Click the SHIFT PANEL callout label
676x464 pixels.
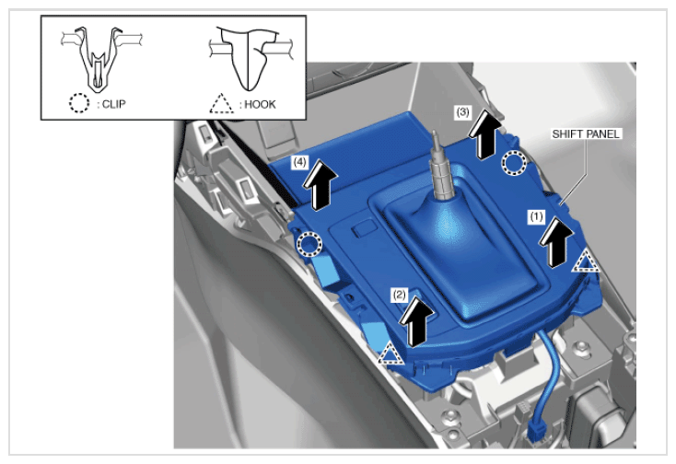point(586,134)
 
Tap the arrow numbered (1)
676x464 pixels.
point(555,242)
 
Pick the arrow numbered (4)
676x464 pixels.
point(319,184)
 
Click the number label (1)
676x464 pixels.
point(536,216)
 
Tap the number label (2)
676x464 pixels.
point(399,295)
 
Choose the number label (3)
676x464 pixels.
point(462,112)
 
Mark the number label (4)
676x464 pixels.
point(300,162)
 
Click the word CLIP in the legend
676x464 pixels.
point(114,104)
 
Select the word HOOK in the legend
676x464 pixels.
point(260,105)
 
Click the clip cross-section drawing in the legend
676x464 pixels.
point(100,59)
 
